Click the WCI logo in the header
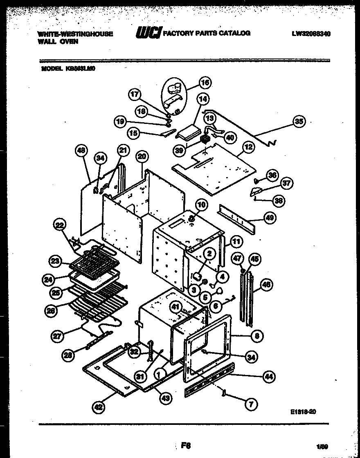(x=148, y=33)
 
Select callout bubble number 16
(x=205, y=83)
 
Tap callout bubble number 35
(x=299, y=121)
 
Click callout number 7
(x=251, y=404)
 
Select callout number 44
(x=269, y=377)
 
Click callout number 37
(x=286, y=183)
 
